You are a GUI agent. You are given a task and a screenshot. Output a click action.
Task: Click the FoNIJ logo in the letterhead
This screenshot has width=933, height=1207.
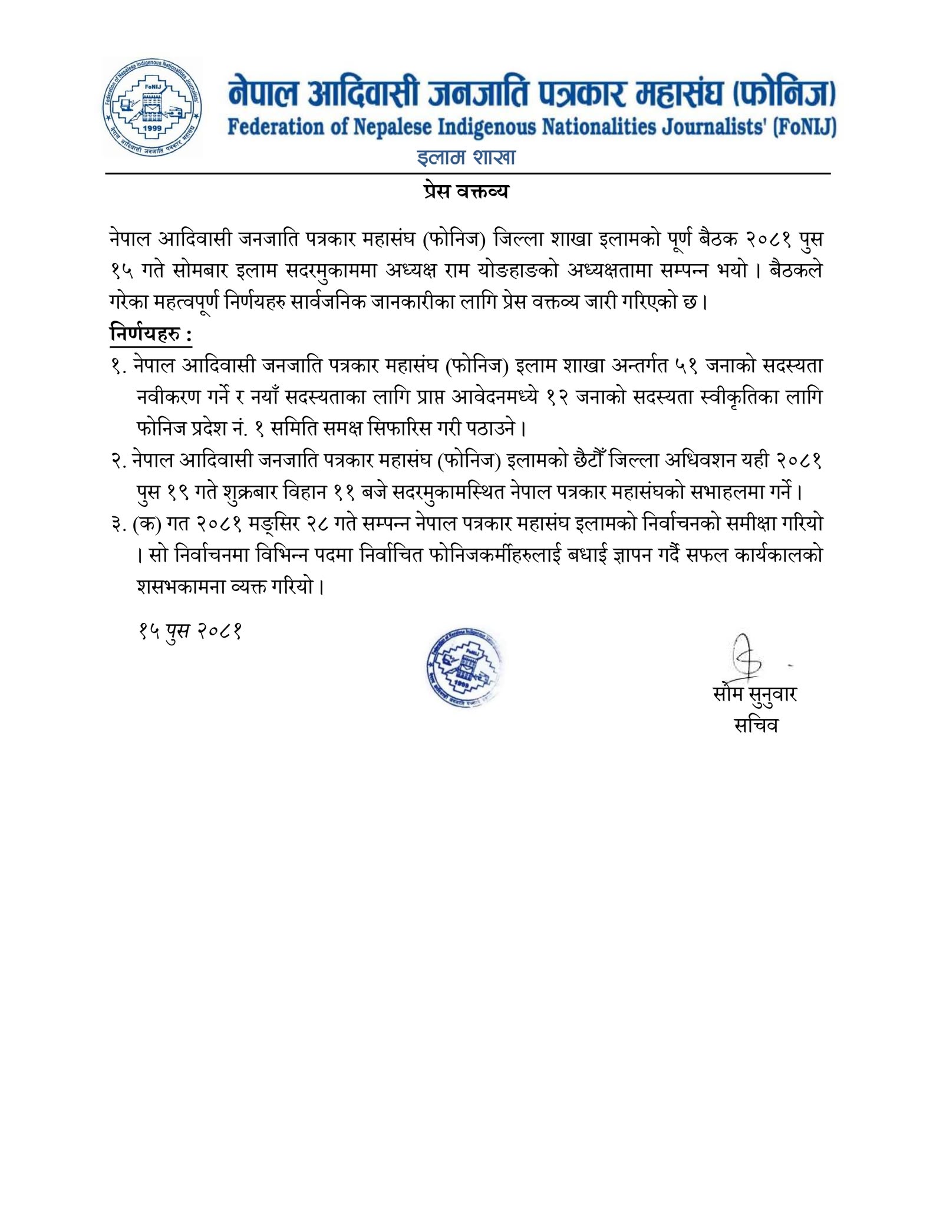(x=153, y=108)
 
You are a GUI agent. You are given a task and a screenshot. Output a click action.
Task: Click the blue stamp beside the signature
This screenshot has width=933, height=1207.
(x=463, y=664)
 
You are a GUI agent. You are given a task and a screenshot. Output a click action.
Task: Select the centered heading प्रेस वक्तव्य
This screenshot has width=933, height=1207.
(x=466, y=192)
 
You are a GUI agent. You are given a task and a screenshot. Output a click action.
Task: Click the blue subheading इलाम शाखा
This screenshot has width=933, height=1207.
(x=466, y=157)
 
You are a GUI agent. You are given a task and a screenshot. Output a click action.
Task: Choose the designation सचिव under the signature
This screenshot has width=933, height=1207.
(x=756, y=724)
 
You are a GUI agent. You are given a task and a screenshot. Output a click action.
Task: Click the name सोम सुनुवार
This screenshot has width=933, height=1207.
(x=754, y=694)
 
